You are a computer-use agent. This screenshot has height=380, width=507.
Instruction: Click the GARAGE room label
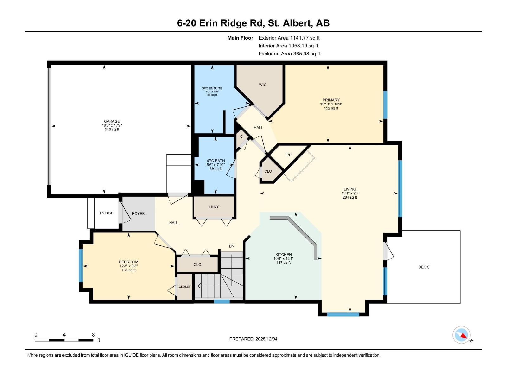[112, 121]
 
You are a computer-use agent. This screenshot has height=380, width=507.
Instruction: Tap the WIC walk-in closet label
[263, 85]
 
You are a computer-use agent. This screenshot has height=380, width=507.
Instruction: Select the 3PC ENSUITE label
[212, 88]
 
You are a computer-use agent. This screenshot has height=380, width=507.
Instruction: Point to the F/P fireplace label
[288, 155]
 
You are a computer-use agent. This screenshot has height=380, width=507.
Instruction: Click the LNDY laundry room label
[214, 207]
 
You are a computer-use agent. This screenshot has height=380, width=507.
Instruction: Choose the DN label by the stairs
[232, 246]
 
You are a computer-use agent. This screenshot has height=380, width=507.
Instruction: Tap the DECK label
[423, 267]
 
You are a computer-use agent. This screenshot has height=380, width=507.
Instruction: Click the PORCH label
[107, 213]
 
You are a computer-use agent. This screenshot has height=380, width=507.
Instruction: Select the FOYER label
[138, 214]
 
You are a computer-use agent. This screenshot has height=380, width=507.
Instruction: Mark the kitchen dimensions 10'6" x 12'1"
[283, 258]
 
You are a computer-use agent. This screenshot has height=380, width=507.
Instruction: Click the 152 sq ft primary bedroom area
[331, 108]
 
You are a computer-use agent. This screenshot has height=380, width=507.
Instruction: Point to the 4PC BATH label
[215, 161]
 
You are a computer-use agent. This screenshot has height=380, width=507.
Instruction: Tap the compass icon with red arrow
[461, 335]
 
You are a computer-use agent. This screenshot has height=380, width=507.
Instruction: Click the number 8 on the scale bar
[93, 335]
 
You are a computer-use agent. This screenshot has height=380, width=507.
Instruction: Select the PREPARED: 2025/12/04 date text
[253, 339]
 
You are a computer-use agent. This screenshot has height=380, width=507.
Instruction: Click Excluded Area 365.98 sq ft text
[289, 54]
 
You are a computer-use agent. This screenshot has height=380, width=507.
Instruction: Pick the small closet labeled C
[241, 136]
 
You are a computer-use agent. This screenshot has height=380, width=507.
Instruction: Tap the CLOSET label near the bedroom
[185, 287]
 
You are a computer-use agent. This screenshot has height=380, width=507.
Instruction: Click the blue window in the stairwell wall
[221, 301]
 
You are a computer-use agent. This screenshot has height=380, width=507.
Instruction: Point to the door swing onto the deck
[388, 251]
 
